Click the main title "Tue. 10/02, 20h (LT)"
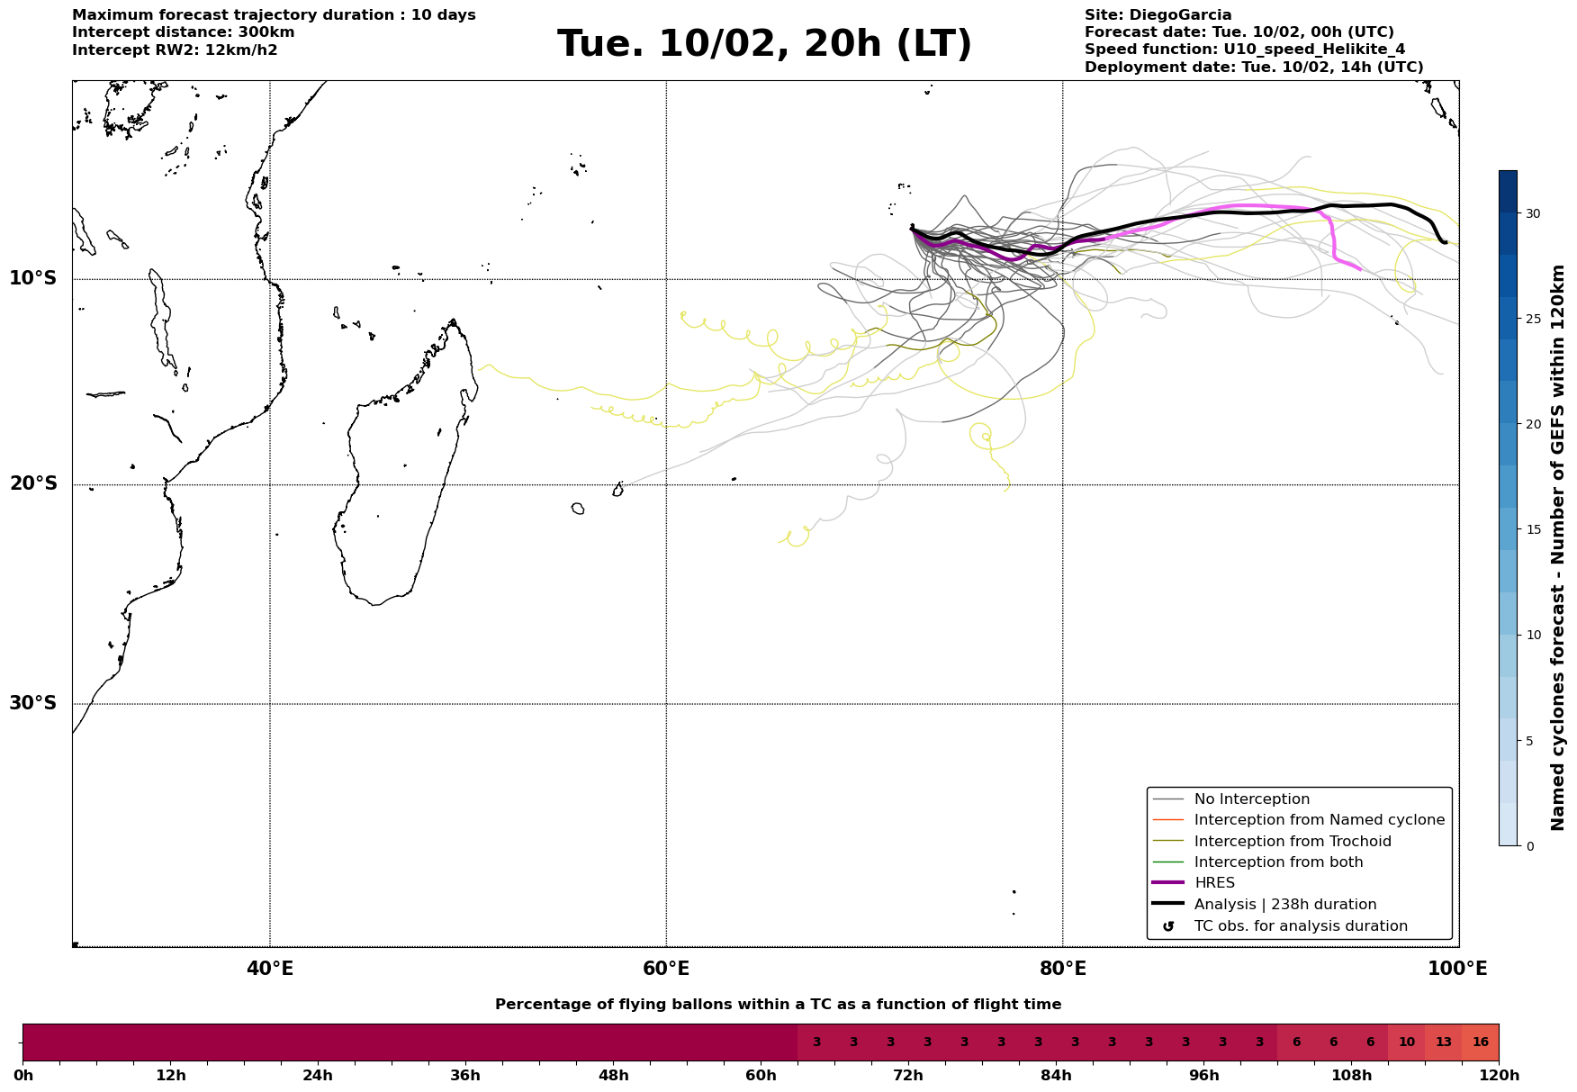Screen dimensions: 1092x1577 point(764,44)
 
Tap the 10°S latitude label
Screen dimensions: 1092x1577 point(33,278)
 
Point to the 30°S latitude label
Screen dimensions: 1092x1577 point(33,703)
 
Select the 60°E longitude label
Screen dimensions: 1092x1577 point(666,969)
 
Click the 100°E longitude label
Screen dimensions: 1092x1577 point(1458,969)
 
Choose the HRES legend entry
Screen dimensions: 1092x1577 point(1214,883)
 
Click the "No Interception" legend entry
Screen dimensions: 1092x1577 point(1251,799)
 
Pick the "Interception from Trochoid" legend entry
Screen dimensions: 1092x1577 point(1292,842)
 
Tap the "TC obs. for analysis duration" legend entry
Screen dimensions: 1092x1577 point(1300,926)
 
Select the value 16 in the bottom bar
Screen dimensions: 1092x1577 point(1481,1042)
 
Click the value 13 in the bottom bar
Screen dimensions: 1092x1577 point(1444,1042)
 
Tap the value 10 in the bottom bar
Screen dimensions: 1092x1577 point(1407,1042)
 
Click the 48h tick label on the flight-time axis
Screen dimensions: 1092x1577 point(613,1076)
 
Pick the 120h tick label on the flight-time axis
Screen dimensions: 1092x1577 point(1499,1076)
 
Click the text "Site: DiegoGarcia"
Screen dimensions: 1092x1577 point(1158,15)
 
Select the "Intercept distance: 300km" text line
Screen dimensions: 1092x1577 point(183,32)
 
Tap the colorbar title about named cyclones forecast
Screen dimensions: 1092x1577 point(1559,508)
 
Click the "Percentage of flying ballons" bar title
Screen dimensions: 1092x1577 point(778,1005)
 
